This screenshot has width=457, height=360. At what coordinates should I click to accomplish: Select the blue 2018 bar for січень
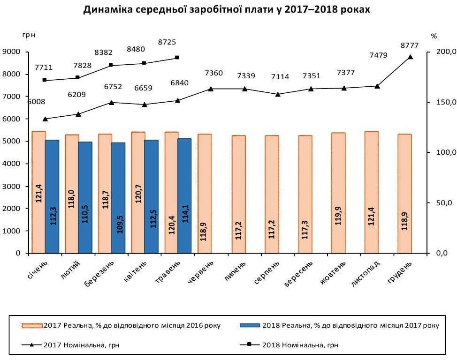pos(52,196)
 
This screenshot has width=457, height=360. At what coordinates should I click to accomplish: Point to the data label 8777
pos(409,45)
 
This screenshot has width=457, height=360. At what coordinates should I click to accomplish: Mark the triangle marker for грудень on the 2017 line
pos(410,57)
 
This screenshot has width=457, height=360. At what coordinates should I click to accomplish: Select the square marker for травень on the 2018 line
pos(177,58)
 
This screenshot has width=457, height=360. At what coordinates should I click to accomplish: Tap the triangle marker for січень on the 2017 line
pos(45,119)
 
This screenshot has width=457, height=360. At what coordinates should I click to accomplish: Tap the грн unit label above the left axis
pos(28,36)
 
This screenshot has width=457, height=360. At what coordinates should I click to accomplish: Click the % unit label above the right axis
pos(434,36)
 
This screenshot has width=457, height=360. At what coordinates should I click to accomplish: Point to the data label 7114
pos(277,76)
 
